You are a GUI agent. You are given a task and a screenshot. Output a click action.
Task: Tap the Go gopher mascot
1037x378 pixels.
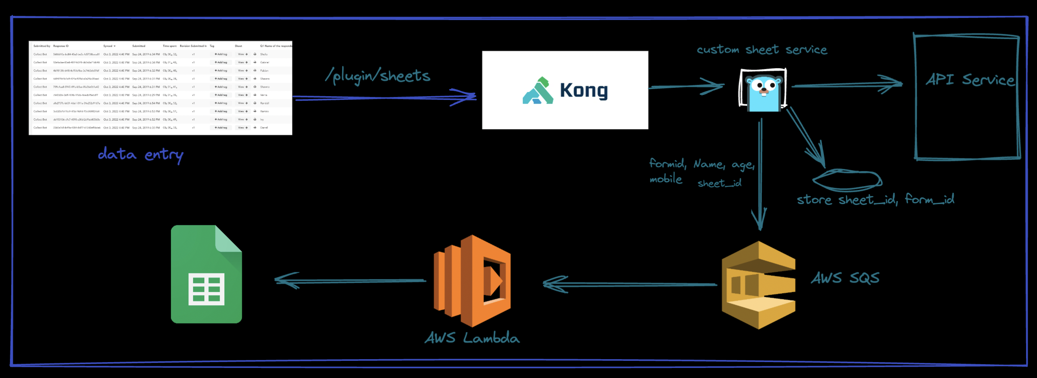[x=763, y=90]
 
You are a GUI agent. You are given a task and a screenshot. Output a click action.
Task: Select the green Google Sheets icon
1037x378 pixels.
[x=206, y=274]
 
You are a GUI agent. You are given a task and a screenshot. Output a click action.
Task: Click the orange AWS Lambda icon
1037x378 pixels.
[x=472, y=281]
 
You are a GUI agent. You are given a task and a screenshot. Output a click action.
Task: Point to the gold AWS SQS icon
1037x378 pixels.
[x=758, y=285]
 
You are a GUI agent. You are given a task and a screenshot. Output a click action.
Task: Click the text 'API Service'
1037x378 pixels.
[x=970, y=79]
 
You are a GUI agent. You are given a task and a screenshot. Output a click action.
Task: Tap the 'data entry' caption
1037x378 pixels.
[x=141, y=155]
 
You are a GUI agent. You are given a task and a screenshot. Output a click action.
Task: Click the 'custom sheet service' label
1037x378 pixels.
[x=762, y=50]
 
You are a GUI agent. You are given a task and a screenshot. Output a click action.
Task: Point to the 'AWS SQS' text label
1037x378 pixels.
[x=845, y=278]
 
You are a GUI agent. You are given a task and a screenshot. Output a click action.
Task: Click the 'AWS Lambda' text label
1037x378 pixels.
[x=472, y=338]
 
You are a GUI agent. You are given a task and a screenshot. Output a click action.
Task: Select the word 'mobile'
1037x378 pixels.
[x=666, y=179]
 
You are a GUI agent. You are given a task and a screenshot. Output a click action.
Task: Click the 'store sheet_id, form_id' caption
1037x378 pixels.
[x=875, y=199]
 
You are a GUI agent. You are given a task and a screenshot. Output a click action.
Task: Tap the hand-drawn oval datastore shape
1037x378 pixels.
[x=847, y=180]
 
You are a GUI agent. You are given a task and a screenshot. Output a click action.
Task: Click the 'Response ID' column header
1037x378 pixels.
[x=61, y=46]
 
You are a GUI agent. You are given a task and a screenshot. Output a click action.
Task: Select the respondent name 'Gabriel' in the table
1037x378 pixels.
[x=264, y=62]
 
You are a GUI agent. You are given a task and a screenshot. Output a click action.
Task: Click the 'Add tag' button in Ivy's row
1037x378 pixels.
[x=221, y=120]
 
